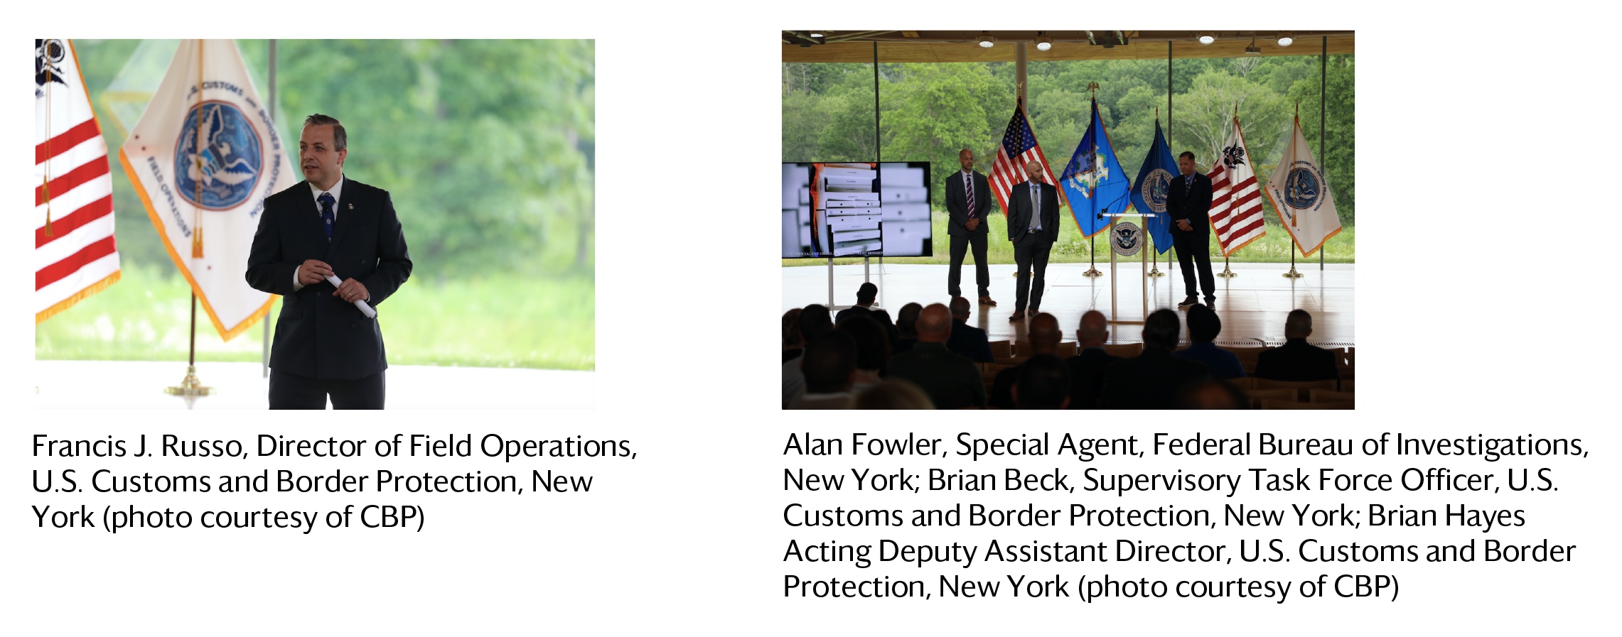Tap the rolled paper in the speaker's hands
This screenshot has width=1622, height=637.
pyautogui.click(x=350, y=295)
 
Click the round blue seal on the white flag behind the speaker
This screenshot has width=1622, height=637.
pyautogui.click(x=218, y=156)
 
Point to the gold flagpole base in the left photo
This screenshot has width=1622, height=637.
pyautogui.click(x=190, y=386)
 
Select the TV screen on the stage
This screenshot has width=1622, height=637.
pyautogui.click(x=856, y=209)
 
